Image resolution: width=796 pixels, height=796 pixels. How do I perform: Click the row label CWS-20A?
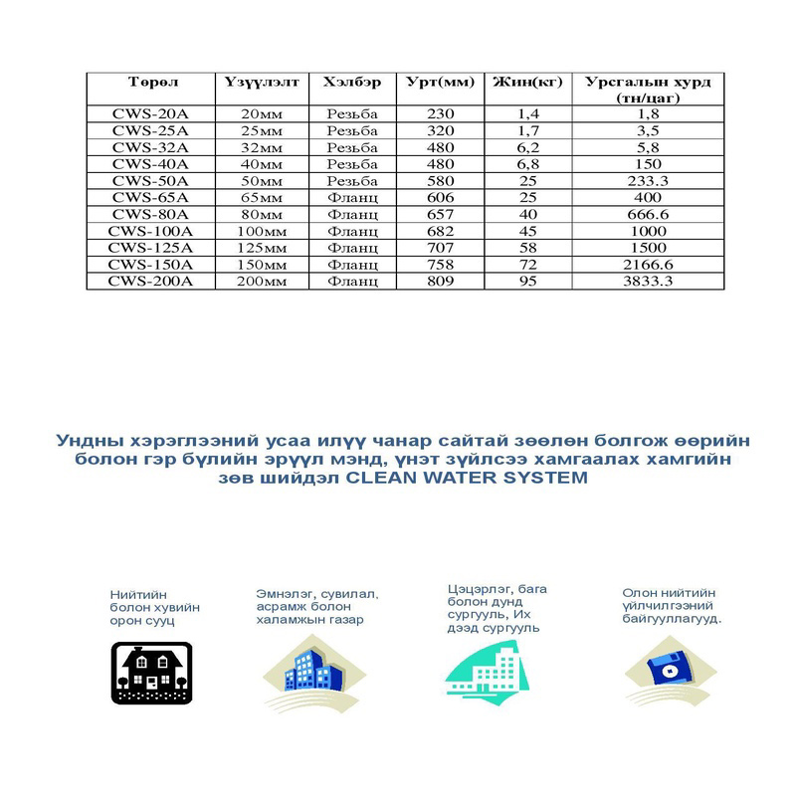click(x=149, y=115)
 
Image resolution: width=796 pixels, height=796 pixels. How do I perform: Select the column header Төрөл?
click(x=149, y=82)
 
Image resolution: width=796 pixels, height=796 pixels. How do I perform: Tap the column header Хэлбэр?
click(x=352, y=82)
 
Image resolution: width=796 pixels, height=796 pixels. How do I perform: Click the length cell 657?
click(x=439, y=214)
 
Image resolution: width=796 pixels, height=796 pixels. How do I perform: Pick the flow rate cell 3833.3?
click(x=648, y=282)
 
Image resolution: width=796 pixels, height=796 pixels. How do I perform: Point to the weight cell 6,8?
click(x=527, y=163)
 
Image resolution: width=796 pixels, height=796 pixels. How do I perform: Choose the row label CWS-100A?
click(x=149, y=231)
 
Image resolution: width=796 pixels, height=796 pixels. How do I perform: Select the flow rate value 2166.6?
click(x=648, y=265)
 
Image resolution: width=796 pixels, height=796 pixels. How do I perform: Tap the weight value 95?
click(x=527, y=282)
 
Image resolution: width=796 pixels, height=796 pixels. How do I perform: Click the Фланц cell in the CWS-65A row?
click(x=352, y=197)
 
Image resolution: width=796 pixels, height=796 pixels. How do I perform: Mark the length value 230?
click(x=439, y=115)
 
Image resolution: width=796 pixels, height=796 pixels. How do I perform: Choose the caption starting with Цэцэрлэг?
click(x=497, y=608)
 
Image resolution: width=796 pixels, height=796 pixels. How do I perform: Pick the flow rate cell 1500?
click(x=648, y=248)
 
